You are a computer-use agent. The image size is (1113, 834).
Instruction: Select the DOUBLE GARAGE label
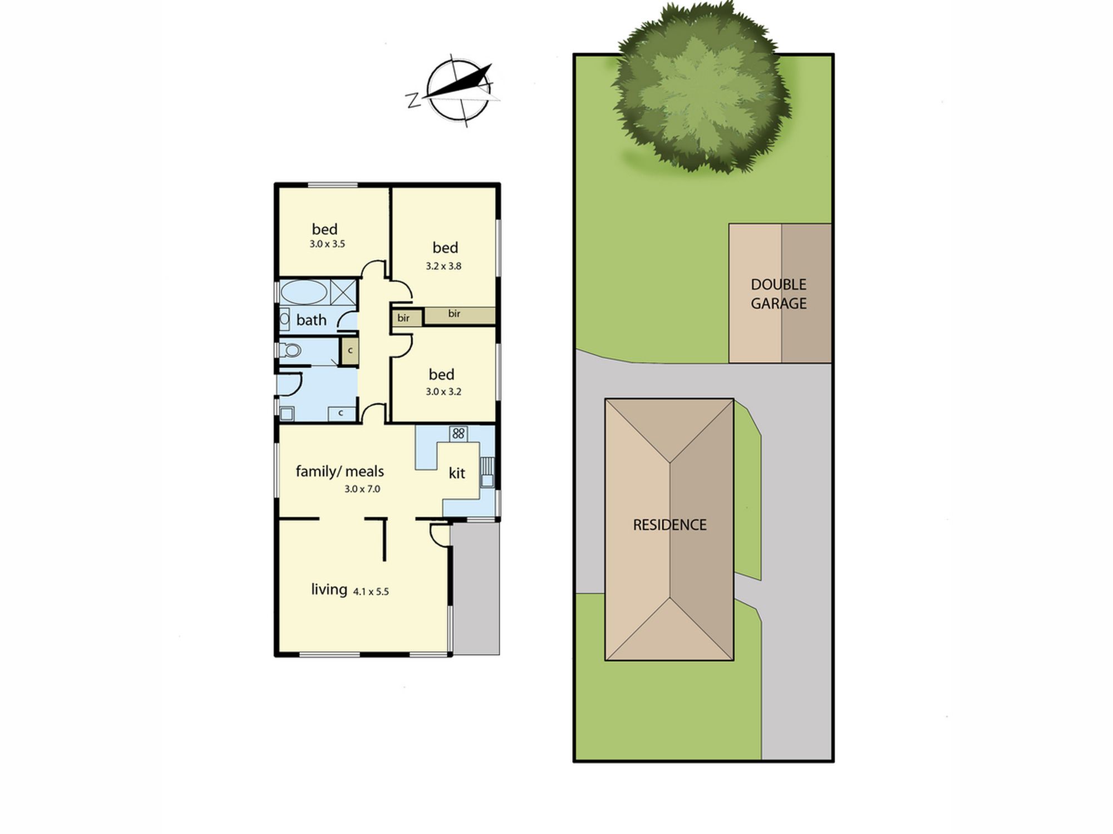coord(779,294)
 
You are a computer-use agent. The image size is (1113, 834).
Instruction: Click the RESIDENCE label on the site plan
coord(669,524)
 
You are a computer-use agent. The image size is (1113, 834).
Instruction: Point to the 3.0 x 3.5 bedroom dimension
coord(327,244)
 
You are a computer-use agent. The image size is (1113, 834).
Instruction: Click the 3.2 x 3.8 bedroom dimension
coord(444,266)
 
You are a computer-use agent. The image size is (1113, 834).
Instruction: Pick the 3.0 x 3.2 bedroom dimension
coord(444,391)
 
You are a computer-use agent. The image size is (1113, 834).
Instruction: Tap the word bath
coord(311,320)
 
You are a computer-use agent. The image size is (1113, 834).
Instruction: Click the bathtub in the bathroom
coord(304,292)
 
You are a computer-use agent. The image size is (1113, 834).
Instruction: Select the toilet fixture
coord(290,350)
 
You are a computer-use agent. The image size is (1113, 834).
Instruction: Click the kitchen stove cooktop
coord(458,433)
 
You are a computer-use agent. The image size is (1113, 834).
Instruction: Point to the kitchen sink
coord(487,472)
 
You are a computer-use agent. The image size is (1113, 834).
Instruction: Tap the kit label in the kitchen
coord(457,473)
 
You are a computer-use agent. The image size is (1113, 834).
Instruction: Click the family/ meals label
coord(339,471)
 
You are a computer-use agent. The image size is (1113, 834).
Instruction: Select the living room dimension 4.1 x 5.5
coord(371,592)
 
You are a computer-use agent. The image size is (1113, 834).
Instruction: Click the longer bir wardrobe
coord(460,316)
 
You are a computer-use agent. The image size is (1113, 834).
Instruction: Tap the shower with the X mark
coord(343,292)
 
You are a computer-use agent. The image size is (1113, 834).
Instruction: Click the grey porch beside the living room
coord(476,588)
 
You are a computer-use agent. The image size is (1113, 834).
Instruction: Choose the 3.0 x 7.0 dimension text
coord(362,489)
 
